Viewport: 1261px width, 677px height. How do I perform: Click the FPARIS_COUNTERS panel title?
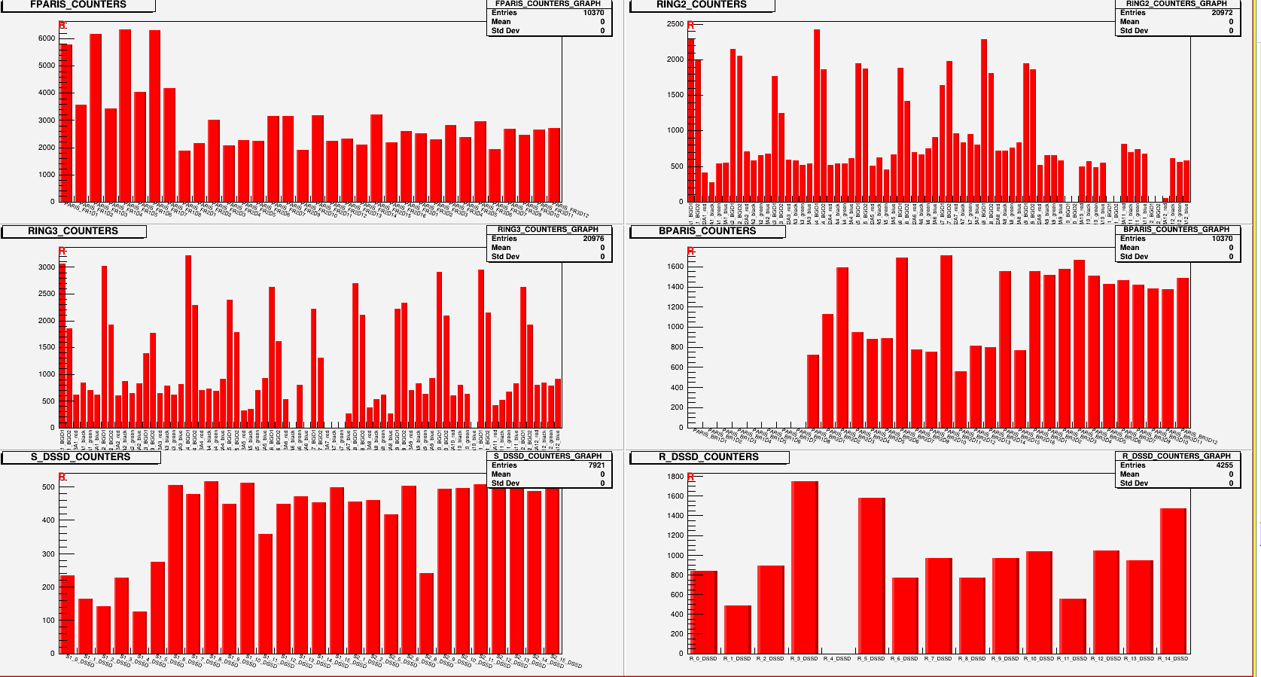click(78, 5)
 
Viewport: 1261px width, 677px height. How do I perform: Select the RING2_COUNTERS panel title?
click(702, 5)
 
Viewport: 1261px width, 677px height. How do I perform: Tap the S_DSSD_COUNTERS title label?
click(81, 457)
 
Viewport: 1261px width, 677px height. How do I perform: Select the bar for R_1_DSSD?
click(737, 630)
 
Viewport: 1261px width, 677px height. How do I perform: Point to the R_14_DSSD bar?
click(1173, 581)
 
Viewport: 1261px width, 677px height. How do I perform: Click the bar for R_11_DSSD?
click(1072, 626)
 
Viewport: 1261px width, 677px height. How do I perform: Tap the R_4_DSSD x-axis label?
click(837, 659)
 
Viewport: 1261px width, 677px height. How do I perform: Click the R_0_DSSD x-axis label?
click(703, 659)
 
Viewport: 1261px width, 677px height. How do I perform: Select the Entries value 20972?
click(1222, 13)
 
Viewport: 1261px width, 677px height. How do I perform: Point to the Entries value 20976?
click(593, 239)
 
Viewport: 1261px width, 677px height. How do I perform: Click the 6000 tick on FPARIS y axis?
click(47, 38)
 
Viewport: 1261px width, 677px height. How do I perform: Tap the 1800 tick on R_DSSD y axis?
click(675, 477)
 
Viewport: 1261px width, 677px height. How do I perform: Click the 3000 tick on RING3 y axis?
click(47, 267)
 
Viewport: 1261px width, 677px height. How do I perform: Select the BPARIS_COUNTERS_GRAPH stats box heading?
click(1176, 230)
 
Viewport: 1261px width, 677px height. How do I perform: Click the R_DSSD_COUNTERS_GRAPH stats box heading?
click(1176, 456)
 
